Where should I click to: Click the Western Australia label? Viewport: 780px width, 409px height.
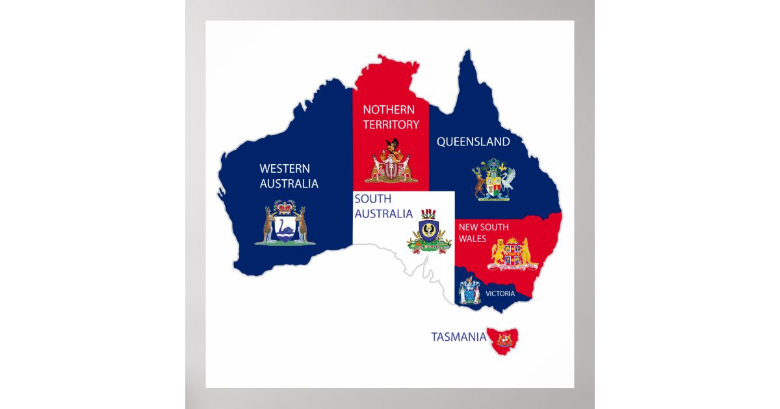point(289,176)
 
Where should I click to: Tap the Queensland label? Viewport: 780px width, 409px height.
point(473,142)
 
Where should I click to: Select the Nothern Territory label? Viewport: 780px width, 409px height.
point(391,117)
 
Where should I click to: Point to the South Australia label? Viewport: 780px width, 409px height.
point(383,206)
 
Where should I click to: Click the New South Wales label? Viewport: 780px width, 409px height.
point(484,232)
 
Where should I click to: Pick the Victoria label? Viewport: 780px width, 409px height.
point(500,293)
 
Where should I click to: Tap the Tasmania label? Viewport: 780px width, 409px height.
point(458,336)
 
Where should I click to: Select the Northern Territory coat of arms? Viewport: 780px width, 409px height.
point(391,162)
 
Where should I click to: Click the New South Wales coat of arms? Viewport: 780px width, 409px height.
point(513,254)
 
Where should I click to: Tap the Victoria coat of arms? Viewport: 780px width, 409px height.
point(469,290)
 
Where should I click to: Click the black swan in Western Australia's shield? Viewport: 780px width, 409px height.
point(285,229)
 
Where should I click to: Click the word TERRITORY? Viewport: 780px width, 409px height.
point(391,124)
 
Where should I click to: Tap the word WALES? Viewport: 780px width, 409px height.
point(472,239)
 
